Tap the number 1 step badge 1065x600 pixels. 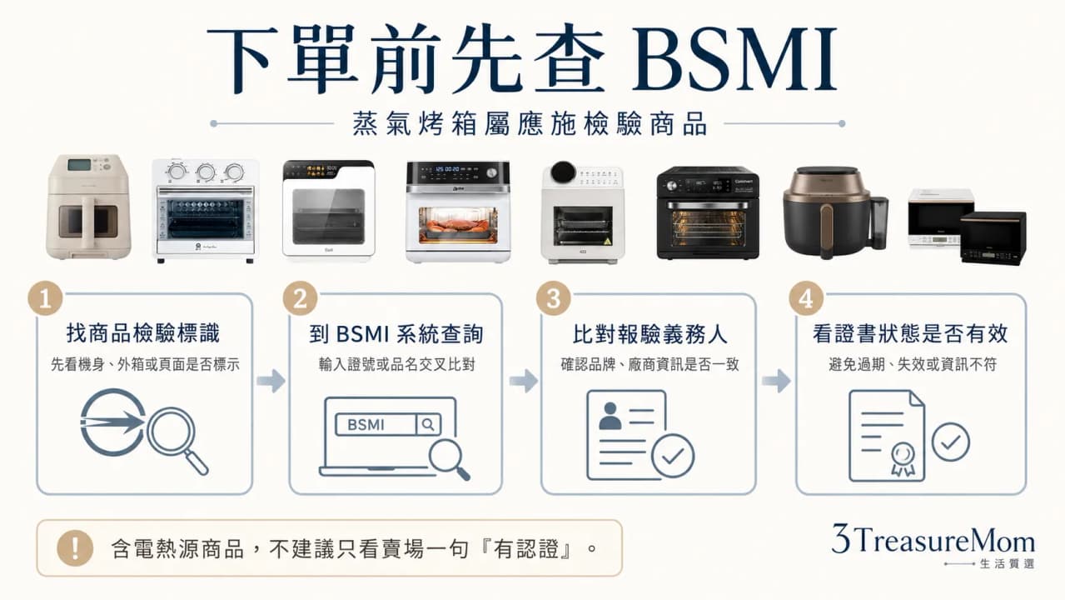pos(45,299)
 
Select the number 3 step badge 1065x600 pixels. pos(554,299)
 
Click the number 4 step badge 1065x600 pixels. pos(806,299)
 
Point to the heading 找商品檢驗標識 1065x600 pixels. pos(143,333)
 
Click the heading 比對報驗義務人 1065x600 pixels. pos(650,334)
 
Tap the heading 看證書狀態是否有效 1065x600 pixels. pos(910,333)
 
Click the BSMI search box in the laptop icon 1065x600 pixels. pos(388,424)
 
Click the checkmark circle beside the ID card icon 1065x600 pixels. pos(673,456)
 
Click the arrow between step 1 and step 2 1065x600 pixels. pos(271,381)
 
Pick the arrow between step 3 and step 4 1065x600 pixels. pos(776,381)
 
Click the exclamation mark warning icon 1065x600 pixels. pos(75,548)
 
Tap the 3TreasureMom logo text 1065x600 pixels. pos(933,540)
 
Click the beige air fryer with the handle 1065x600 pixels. pos(88,207)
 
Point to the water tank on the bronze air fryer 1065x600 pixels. pos(878,222)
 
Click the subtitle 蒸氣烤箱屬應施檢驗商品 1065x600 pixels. pos(530,123)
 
